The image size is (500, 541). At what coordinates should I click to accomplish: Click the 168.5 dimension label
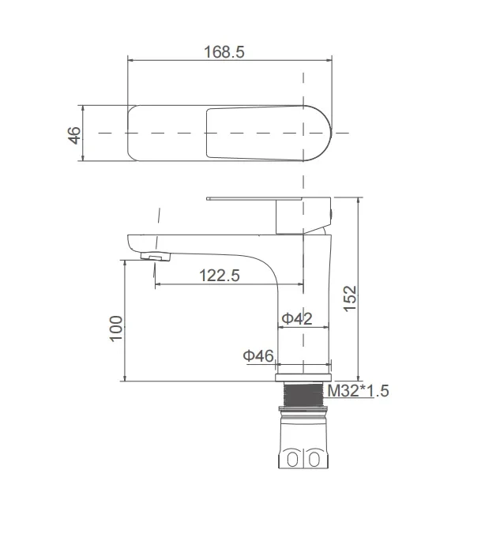point(224,52)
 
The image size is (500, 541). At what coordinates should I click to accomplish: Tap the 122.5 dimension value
point(219,276)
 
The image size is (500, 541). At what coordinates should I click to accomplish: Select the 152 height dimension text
point(350,299)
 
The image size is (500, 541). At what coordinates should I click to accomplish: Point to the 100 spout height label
point(116,329)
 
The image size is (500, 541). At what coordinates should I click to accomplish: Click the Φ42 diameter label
point(297,318)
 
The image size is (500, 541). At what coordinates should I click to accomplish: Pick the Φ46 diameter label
point(258,355)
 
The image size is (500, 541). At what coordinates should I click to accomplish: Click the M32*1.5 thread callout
point(358,391)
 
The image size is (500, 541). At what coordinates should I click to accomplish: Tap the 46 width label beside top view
point(73,135)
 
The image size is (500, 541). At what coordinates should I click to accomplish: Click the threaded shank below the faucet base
point(303,394)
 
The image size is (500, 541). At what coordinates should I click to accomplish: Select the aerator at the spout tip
point(156,257)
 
